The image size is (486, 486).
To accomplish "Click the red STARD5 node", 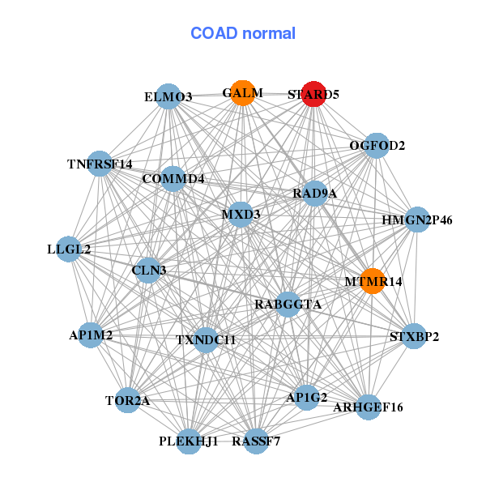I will (x=313, y=93).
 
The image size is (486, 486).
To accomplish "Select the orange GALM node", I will (x=242, y=93).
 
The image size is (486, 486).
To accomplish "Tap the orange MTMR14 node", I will (x=372, y=281).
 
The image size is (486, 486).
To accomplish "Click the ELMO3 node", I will (x=168, y=96).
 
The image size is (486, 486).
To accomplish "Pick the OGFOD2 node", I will (x=376, y=146).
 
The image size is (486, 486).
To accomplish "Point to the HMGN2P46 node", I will (x=416, y=220).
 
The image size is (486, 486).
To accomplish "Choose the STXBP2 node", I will (x=414, y=335).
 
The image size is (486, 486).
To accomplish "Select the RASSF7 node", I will (x=256, y=441).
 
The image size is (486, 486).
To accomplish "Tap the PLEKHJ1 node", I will (x=190, y=441).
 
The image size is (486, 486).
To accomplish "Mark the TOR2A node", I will (x=127, y=400).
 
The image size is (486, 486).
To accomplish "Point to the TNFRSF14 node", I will (x=99, y=164).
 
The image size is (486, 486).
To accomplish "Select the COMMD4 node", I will (x=173, y=178).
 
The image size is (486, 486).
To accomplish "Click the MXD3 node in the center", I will (x=241, y=215).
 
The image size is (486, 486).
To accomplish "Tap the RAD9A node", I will (x=314, y=193).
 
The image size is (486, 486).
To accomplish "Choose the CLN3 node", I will (x=148, y=270).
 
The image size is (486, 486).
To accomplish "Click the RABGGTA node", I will (x=288, y=305).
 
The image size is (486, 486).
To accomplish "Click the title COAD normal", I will (x=243, y=33).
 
